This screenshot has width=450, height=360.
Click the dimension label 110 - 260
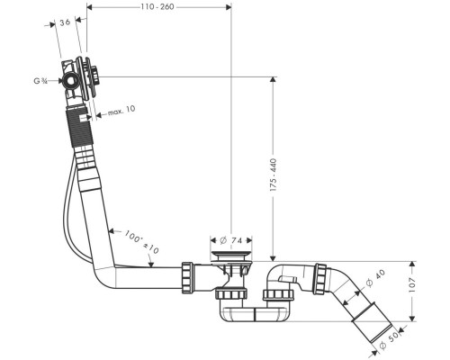[x=157, y=6]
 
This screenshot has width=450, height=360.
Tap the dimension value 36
[x=65, y=22]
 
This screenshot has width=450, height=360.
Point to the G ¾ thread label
[x=40, y=81]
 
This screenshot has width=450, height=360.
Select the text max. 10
[x=121, y=111]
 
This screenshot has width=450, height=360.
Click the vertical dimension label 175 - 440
[x=274, y=175]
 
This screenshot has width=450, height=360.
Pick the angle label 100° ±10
[x=141, y=242]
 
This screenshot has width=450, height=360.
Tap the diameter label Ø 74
[x=230, y=240]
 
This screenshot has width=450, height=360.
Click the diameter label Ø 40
[x=375, y=278]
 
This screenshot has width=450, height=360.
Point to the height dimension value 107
[x=412, y=285]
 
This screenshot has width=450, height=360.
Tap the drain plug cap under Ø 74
[x=231, y=256]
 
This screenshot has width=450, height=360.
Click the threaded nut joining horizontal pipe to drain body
[x=187, y=277]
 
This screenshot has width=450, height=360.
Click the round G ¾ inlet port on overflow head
[x=71, y=80]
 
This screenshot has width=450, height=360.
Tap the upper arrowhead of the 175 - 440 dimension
[x=273, y=79]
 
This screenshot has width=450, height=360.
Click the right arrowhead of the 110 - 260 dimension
[x=229, y=6]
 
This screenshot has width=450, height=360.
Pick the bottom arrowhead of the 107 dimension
[x=412, y=319]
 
